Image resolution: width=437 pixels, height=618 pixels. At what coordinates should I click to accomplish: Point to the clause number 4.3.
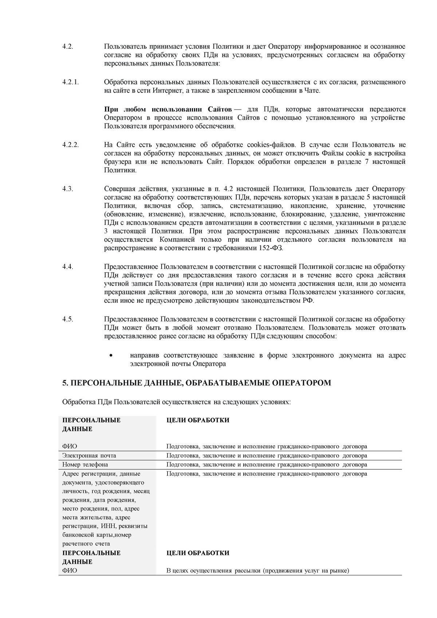point(68,189)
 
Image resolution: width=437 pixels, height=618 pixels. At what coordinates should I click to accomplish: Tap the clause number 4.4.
point(68,267)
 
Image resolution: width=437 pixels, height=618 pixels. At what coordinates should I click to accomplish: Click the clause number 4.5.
point(68,319)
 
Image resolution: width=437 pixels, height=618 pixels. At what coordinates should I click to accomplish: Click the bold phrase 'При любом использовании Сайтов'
point(168,109)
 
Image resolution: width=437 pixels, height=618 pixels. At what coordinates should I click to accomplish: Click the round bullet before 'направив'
point(111,355)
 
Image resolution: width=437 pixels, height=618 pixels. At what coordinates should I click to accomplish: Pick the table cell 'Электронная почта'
point(89,456)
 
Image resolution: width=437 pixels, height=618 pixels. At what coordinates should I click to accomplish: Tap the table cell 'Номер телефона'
point(85,465)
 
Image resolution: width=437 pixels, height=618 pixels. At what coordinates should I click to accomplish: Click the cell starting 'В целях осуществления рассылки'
point(257,571)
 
